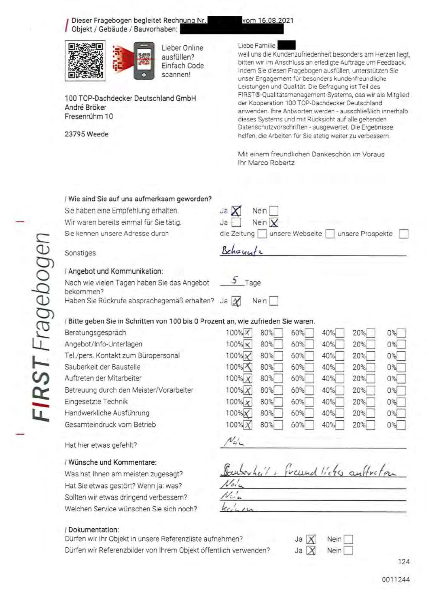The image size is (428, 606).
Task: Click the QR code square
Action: tap(85, 60)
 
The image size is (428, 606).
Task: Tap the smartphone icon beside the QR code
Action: tap(144, 60)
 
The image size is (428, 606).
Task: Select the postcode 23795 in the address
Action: tap(74, 134)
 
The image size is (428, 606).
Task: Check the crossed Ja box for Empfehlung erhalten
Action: tap(236, 211)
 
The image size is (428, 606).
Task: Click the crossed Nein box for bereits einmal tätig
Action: tap(274, 223)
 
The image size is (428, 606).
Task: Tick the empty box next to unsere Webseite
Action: tap(330, 234)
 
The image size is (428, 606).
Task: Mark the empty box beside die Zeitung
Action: tap(262, 234)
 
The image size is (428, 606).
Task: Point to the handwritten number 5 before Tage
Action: tap(235, 280)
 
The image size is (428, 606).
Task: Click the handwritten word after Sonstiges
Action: tap(242, 251)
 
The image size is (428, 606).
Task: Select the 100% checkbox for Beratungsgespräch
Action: tap(248, 333)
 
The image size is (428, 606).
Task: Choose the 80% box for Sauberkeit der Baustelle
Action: tap(278, 368)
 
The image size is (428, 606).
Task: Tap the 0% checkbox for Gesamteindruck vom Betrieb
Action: tap(401, 425)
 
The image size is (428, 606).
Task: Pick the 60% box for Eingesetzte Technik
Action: tap(309, 402)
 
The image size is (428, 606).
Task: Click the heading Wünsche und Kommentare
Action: tap(112, 462)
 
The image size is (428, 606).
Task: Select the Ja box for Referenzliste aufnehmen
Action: tap(311, 540)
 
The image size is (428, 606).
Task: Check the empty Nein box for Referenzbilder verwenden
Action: tap(348, 551)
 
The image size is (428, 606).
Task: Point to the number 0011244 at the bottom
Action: tap(395, 580)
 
